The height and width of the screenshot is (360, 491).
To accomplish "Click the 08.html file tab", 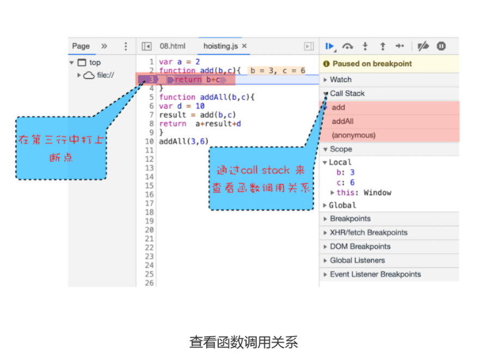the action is coord(172,46).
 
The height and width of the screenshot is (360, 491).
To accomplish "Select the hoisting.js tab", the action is coord(220,46).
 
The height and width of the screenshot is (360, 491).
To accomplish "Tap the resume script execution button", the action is coord(329,46).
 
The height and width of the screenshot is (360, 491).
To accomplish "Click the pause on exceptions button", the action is coord(441,46).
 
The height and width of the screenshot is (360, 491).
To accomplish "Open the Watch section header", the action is coord(340,80).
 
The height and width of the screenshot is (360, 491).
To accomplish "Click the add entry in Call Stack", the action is coord(338,107).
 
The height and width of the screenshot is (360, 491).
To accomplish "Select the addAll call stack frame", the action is coord(342,121).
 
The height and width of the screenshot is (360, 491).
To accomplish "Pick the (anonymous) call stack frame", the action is coord(353,135).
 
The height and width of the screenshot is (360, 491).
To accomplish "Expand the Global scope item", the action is coord(342,205).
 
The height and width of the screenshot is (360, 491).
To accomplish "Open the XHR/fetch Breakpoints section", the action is coord(368,233).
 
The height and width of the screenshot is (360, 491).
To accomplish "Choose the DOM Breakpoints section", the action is coord(360,247).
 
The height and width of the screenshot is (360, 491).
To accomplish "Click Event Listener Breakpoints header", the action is coord(375,274).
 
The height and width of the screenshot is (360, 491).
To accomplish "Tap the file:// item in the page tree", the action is coord(105,75).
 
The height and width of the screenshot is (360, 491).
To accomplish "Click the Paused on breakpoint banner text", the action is coord(372,64).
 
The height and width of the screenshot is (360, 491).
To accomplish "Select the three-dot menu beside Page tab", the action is coord(126,46).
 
